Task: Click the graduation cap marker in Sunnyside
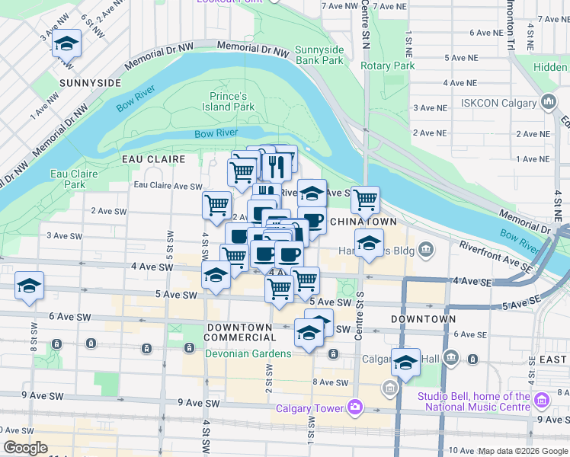pyautogui.click(x=67, y=44)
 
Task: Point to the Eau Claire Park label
pyautogui.click(x=74, y=179)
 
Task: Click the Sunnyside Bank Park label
pyautogui.click(x=319, y=55)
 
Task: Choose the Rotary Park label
pyautogui.click(x=387, y=66)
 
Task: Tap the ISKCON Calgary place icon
pyautogui.click(x=549, y=101)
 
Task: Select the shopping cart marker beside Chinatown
pyautogui.click(x=366, y=200)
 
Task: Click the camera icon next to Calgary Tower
pyautogui.click(x=354, y=407)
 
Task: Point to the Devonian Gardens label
pyautogui.click(x=248, y=353)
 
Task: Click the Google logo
pyautogui.click(x=25, y=448)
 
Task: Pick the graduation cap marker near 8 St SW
pyautogui.click(x=30, y=286)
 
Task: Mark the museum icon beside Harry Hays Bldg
pyautogui.click(x=426, y=249)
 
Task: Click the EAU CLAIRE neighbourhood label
pyautogui.click(x=154, y=159)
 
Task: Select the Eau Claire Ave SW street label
pyautogui.click(x=168, y=186)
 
